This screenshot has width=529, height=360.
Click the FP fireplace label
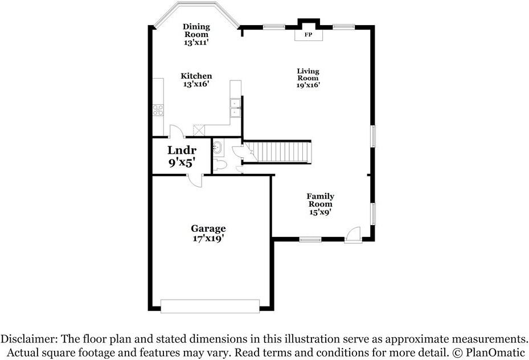click(309, 35)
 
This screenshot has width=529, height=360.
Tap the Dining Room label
click(196, 34)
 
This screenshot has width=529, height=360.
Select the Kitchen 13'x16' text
click(196, 80)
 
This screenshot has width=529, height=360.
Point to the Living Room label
click(308, 78)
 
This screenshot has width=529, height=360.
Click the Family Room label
click(320, 204)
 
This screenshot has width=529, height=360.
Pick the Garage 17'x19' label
click(208, 234)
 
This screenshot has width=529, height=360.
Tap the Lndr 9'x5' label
click(182, 156)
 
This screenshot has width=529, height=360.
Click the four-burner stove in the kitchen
click(158, 110)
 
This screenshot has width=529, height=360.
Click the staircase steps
click(283, 152)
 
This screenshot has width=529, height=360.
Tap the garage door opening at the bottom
click(210, 306)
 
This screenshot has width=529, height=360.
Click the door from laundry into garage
click(196, 179)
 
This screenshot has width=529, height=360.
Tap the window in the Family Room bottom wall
click(310, 240)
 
